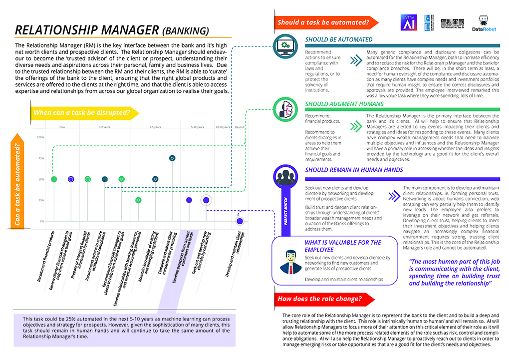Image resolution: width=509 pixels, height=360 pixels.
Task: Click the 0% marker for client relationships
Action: pos(240,221)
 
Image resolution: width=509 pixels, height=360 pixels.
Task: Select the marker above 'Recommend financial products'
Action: pos(54,179)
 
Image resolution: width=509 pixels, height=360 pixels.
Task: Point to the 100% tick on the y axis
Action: pos(41,137)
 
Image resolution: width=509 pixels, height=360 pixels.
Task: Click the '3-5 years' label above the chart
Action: pos(155,127)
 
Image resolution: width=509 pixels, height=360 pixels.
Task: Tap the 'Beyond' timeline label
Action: pos(240,127)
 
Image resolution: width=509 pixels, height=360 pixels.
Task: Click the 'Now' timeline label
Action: pos(62,127)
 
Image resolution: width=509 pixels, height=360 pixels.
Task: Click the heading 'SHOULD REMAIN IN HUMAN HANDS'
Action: pos(354,170)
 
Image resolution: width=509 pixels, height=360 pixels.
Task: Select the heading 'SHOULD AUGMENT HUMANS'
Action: pos(344,104)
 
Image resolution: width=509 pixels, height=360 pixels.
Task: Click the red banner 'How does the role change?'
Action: pos(319,299)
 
